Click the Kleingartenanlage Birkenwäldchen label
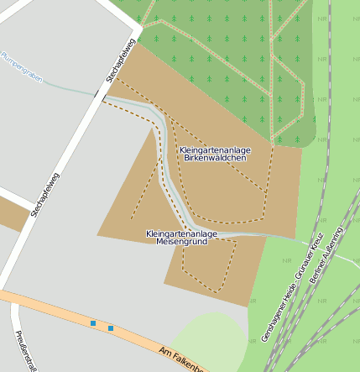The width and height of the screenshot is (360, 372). (x=215, y=153)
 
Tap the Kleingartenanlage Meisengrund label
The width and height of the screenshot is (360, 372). (x=181, y=237)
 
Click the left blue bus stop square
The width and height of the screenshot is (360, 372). (x=93, y=323)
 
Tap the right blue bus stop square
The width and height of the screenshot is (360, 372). (x=111, y=327)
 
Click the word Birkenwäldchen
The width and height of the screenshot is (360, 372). (x=215, y=157)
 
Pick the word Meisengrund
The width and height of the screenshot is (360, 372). (x=181, y=241)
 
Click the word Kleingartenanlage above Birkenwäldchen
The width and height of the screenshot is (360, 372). (x=215, y=149)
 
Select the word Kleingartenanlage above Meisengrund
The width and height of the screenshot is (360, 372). (x=181, y=233)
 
